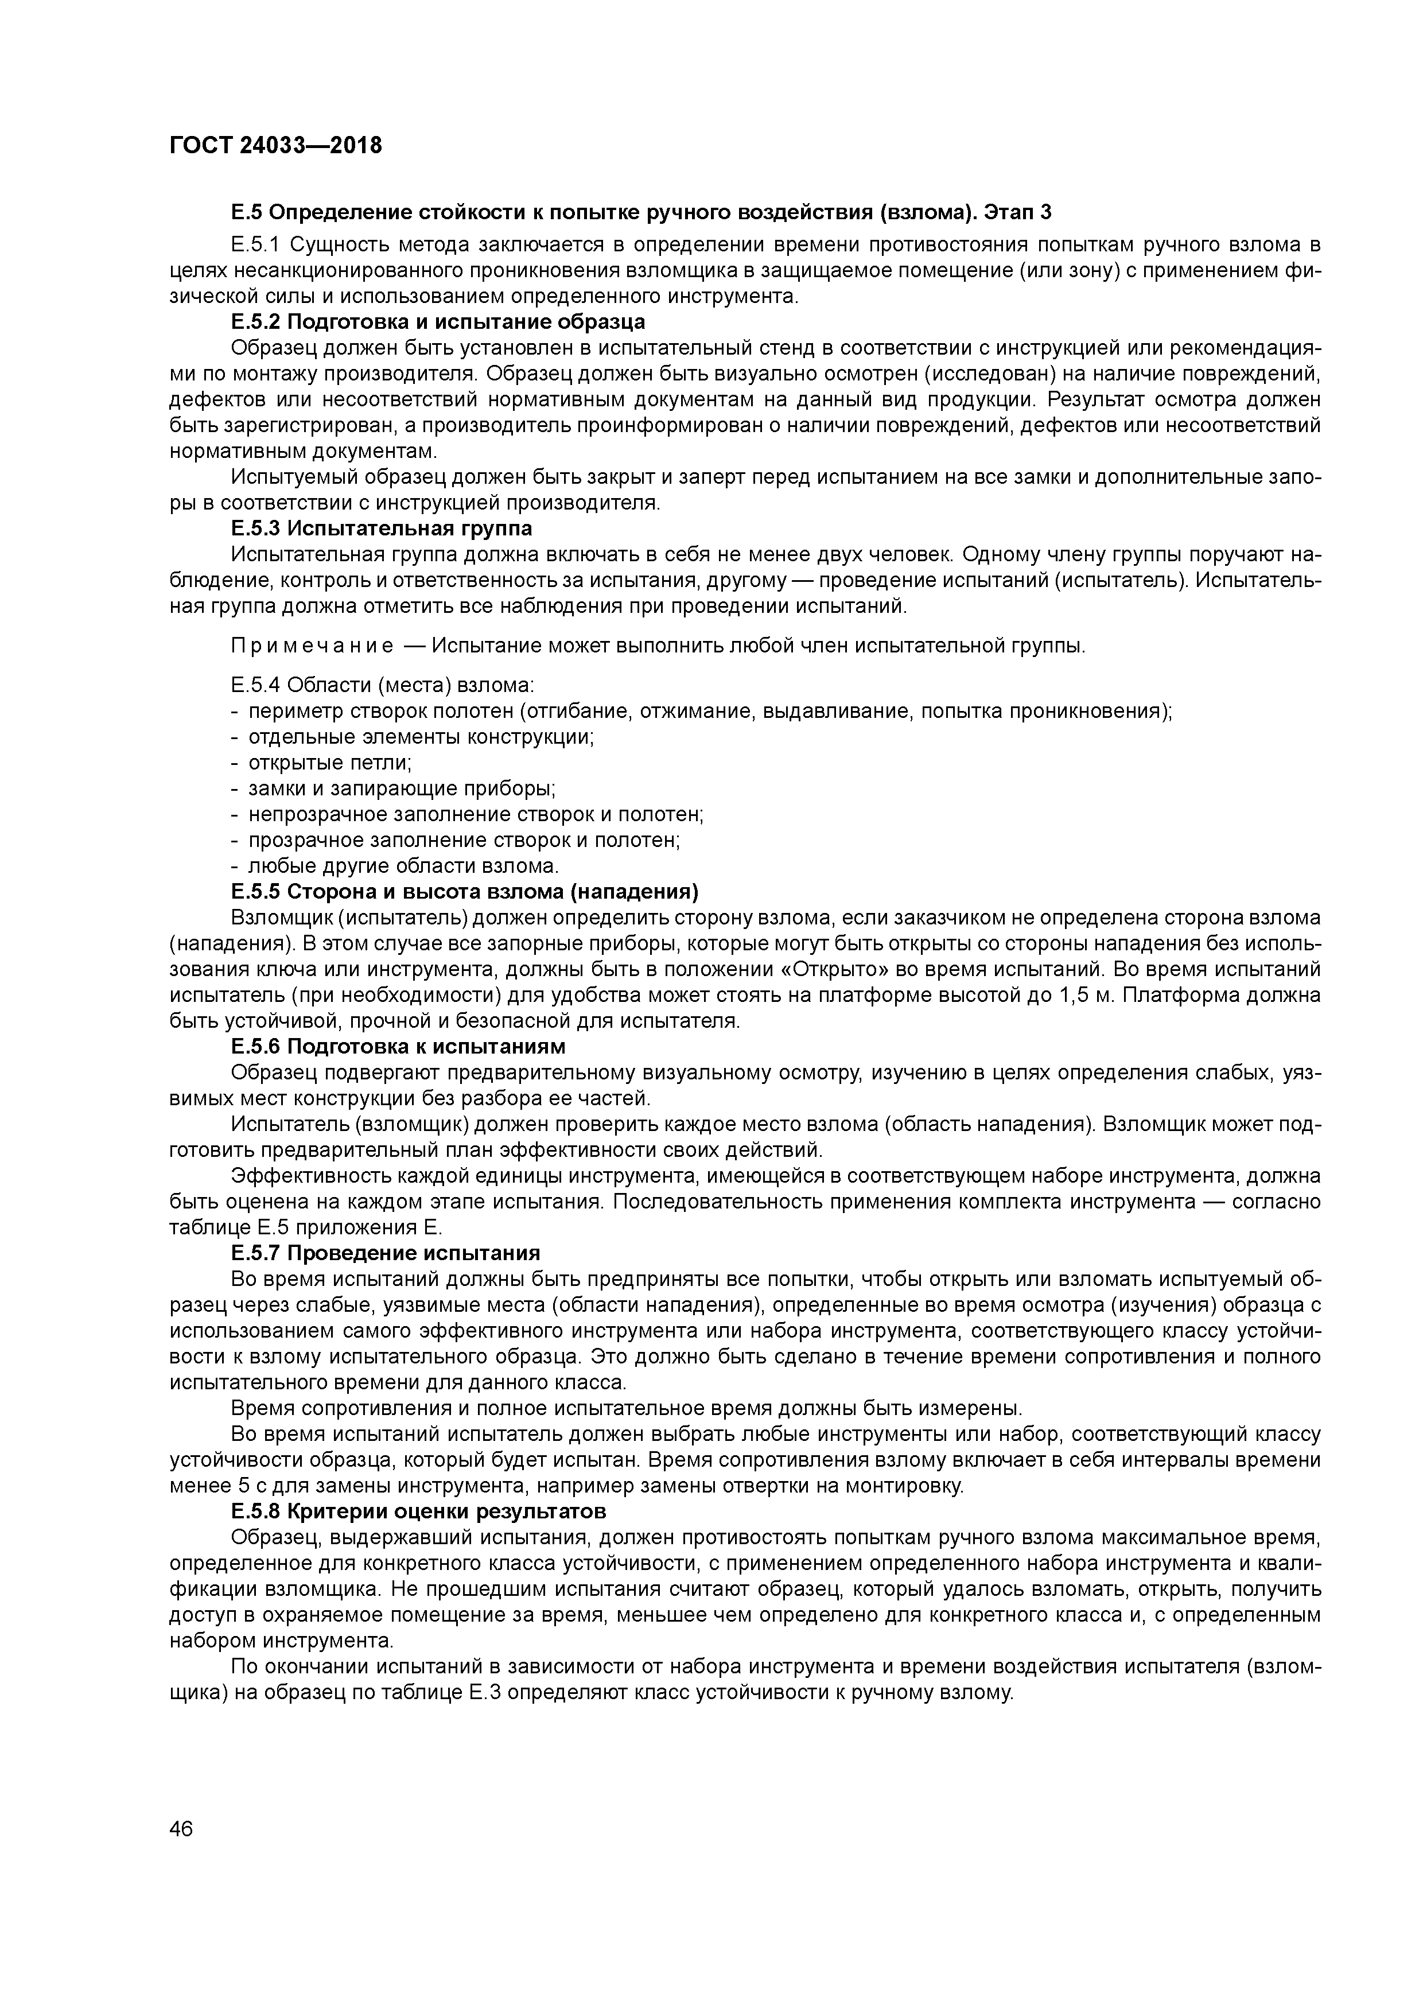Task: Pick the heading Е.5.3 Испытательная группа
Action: pyautogui.click(x=382, y=528)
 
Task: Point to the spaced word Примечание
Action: pyautogui.click(x=311, y=646)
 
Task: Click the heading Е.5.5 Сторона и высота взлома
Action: pyautogui.click(x=465, y=892)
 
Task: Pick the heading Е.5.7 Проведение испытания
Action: pyautogui.click(x=386, y=1252)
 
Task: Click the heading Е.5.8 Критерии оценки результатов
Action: pyautogui.click(x=419, y=1511)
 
